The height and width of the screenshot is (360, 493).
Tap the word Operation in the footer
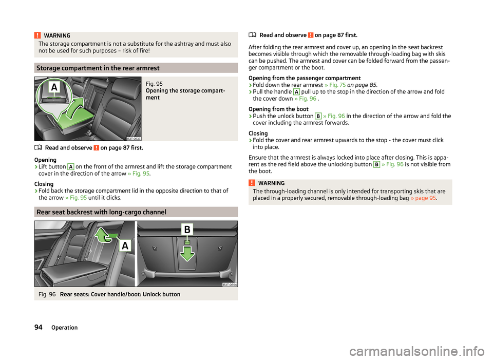pos(64,327)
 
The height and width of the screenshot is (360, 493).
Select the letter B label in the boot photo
pos(187,229)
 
